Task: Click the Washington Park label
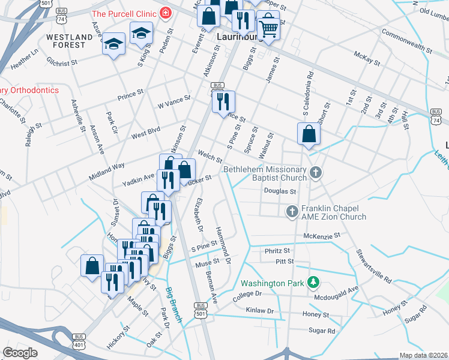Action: coord(273,283)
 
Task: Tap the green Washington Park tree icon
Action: coord(312,282)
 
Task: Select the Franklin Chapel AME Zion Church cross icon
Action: coord(292,211)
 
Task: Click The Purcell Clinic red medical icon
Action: coord(166,13)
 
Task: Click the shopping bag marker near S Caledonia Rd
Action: coord(308,134)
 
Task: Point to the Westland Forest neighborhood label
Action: coord(70,40)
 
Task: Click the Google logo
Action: coord(20,353)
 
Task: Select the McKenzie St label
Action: coord(322,236)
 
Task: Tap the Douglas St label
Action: coord(281,191)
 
